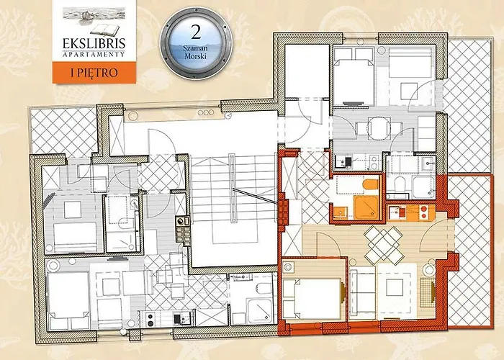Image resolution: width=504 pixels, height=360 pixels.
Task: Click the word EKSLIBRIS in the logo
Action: [94, 43]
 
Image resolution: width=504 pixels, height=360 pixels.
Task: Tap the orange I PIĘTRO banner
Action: [94, 73]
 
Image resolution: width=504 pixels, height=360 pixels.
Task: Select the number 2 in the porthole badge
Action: [196, 32]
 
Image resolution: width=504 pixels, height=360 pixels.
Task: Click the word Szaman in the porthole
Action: [195, 48]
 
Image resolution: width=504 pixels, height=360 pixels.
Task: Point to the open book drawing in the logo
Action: [104, 30]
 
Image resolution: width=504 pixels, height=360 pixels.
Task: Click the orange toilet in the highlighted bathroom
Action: [371, 184]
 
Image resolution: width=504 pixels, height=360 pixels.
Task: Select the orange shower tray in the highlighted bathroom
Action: [366, 208]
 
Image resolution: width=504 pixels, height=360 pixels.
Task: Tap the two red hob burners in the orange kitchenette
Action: [423, 212]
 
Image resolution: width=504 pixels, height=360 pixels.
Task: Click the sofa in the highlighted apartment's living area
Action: [363, 292]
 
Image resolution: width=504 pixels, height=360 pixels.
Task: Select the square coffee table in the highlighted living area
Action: [394, 288]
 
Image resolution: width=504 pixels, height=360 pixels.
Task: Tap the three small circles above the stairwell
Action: [206, 112]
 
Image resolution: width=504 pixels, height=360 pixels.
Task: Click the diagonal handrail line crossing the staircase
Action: [256, 196]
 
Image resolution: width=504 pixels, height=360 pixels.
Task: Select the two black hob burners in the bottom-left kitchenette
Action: [150, 318]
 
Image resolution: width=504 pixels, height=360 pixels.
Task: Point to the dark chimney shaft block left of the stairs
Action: [183, 230]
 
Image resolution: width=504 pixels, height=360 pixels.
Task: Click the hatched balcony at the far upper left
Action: [63, 130]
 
